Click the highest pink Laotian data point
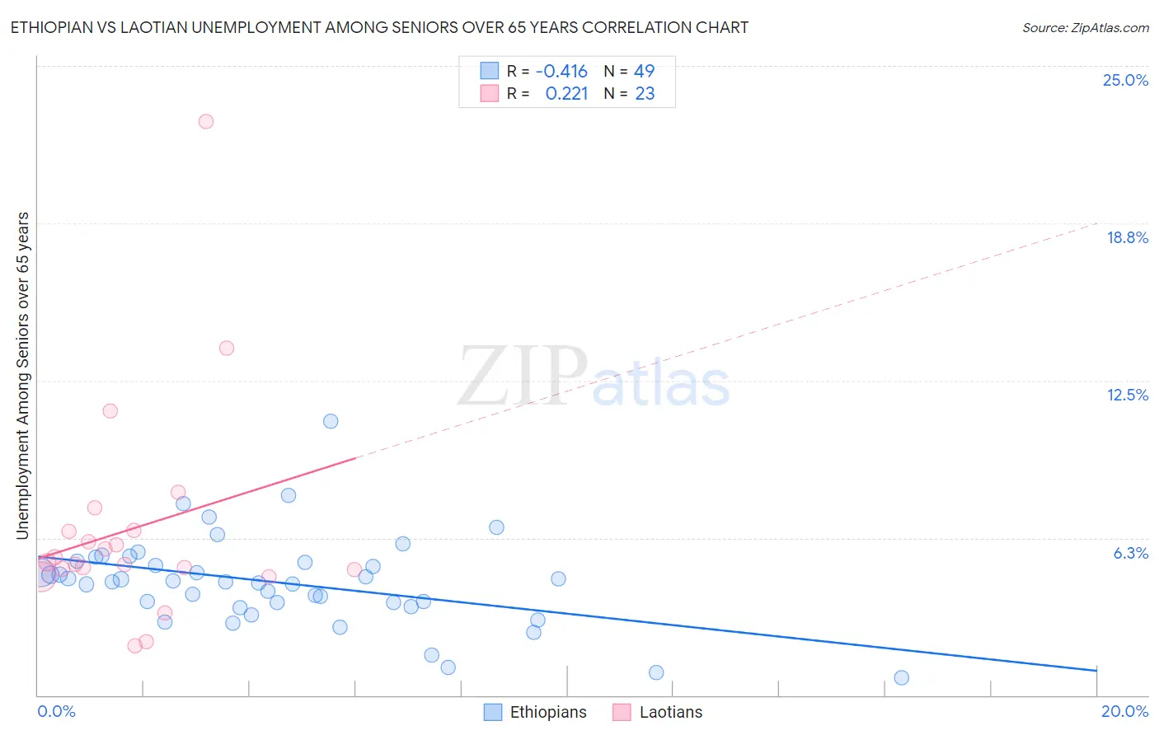click(x=206, y=121)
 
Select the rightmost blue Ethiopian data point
click(x=901, y=677)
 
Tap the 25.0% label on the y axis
click(x=1125, y=80)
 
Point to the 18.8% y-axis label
click(x=1127, y=237)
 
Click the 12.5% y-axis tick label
click(x=1127, y=395)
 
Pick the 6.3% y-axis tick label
click(x=1130, y=553)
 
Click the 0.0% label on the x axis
click(x=56, y=711)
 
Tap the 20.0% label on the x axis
click(x=1124, y=711)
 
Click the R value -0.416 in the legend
click(x=561, y=71)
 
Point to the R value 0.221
click(x=566, y=93)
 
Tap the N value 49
click(x=644, y=71)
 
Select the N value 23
click(x=645, y=93)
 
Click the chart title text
click(x=379, y=27)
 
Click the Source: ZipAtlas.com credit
click(x=1085, y=27)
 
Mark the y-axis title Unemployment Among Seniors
click(x=22, y=376)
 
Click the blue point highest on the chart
click(x=331, y=421)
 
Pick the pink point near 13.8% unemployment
click(x=227, y=348)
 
